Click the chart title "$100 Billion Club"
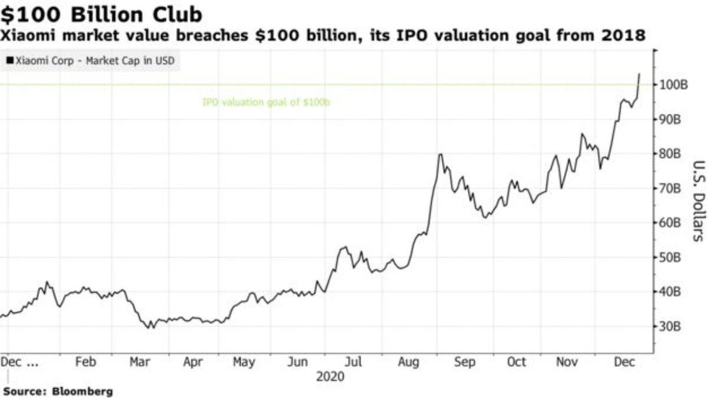pyautogui.click(x=101, y=14)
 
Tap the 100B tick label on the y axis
pyautogui.click(x=674, y=85)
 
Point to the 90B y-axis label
pyautogui.click(x=672, y=120)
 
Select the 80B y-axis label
pyautogui.click(x=672, y=154)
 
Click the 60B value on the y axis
pyautogui.click(x=672, y=223)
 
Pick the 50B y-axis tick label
pyautogui.click(x=672, y=258)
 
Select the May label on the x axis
pyautogui.click(x=244, y=362)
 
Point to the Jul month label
pyautogui.click(x=353, y=362)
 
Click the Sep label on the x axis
pyautogui.click(x=464, y=362)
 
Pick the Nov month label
pyautogui.click(x=568, y=362)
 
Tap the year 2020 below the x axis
pyautogui.click(x=330, y=376)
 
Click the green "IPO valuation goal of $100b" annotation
pyautogui.click(x=266, y=103)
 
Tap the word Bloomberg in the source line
pyautogui.click(x=83, y=391)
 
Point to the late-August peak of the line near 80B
pyautogui.click(x=440, y=154)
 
